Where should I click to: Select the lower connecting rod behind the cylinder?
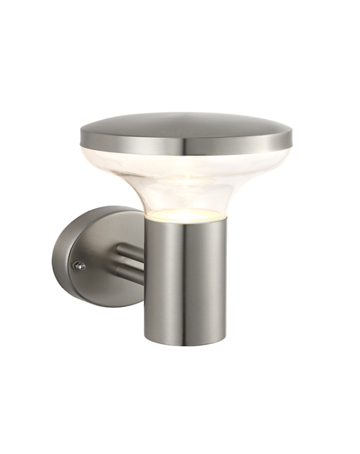[x=131, y=275]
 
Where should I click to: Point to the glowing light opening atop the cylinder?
[x=185, y=215]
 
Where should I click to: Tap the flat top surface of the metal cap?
[x=186, y=123]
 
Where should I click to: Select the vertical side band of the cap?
[x=240, y=142]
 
